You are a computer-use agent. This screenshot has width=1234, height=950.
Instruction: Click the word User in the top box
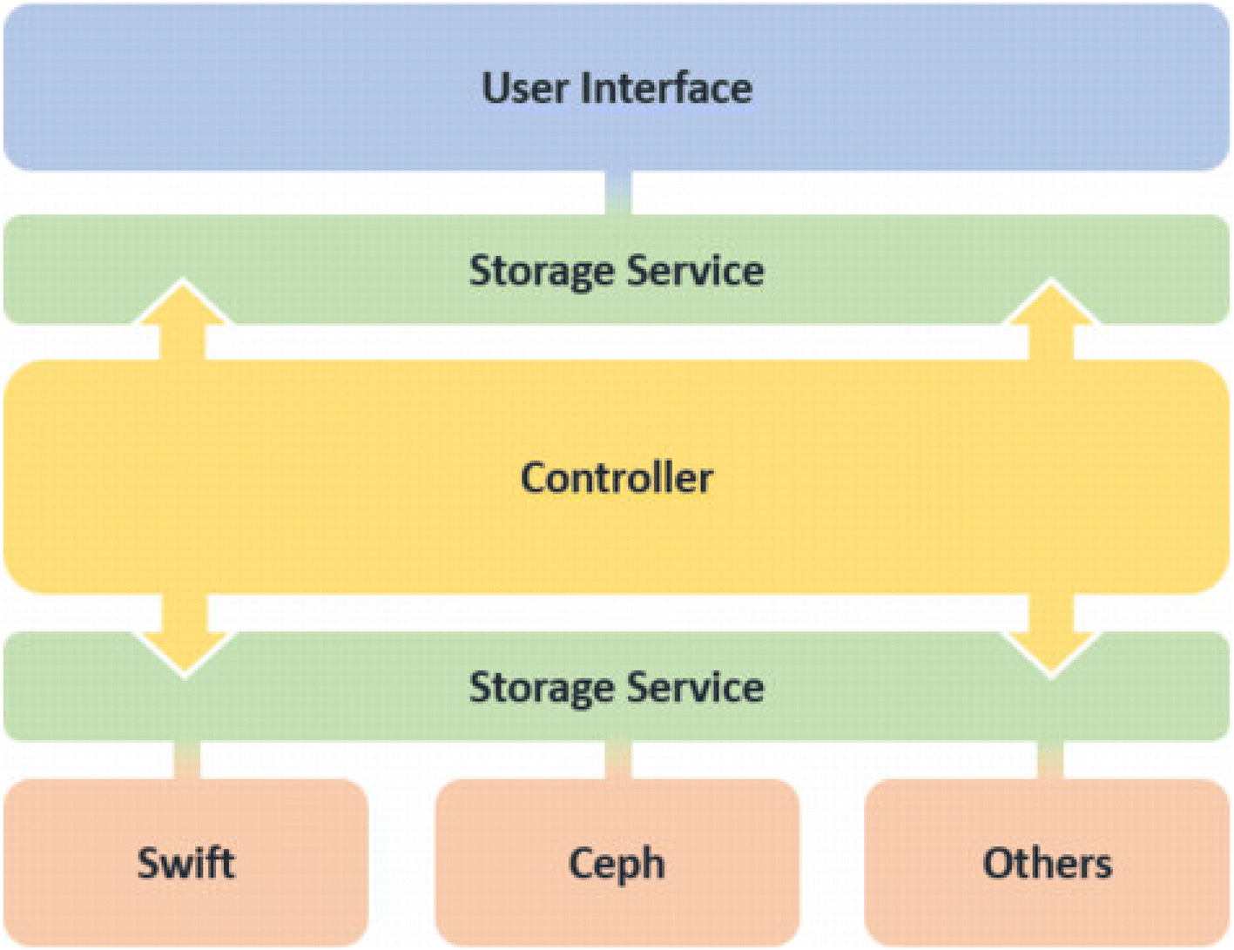[525, 89]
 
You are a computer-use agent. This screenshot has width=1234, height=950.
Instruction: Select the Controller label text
[617, 478]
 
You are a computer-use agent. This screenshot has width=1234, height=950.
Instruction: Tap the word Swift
[185, 864]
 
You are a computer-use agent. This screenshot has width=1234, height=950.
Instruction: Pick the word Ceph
[617, 864]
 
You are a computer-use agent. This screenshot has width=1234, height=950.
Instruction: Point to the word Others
[1047, 864]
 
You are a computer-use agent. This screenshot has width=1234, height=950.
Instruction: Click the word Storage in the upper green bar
[542, 271]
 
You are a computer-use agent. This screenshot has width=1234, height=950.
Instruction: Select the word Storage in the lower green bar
[542, 687]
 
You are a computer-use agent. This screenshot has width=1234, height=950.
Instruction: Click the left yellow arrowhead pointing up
[184, 304]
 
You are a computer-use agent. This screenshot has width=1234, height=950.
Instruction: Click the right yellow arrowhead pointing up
[1051, 304]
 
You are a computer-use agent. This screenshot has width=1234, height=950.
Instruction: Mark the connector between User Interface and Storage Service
[617, 192]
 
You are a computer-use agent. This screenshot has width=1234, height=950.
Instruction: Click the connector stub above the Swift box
[186, 760]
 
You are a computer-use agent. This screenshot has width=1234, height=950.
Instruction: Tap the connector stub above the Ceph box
[617, 760]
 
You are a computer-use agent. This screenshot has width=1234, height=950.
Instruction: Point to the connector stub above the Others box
[1050, 760]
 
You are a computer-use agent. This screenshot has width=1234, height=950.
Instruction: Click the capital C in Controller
[534, 478]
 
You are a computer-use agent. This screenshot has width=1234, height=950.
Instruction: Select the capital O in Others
[998, 864]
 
